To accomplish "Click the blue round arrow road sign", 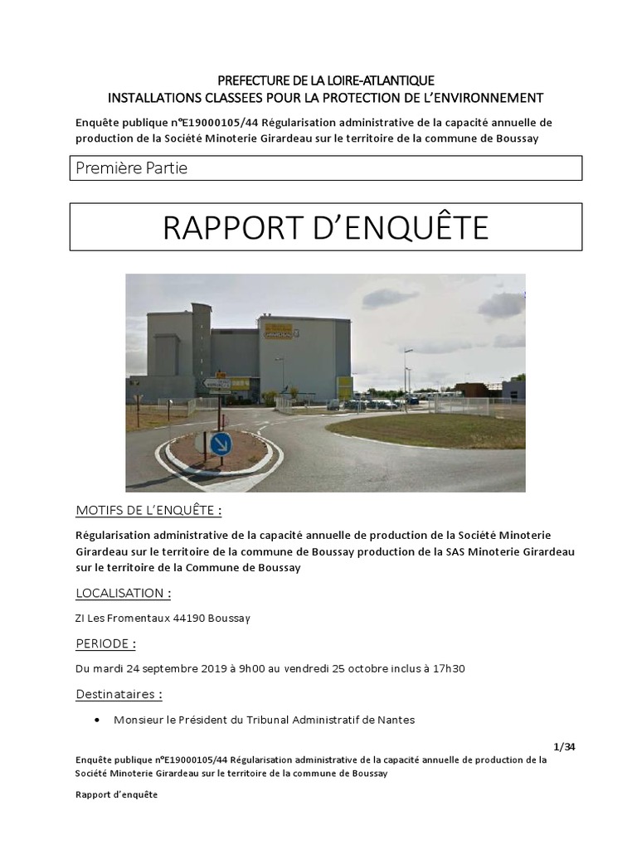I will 221,444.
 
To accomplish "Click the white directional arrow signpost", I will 218,383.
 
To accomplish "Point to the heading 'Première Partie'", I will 131,168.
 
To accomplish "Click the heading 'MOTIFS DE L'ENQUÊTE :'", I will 148,509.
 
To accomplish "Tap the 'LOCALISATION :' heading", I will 124,593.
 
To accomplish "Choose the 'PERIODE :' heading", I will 105,643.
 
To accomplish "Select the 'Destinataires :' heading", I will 119,694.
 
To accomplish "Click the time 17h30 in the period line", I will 449,668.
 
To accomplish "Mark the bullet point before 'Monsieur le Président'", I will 100,720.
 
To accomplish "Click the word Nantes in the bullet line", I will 396,720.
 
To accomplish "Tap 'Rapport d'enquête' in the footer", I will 115,794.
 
